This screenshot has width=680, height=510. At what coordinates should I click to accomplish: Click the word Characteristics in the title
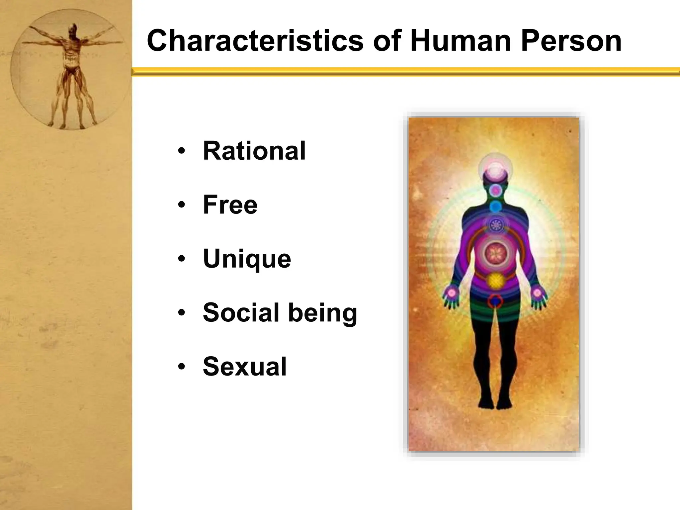tap(255, 41)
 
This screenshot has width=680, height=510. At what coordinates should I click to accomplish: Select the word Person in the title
tap(571, 41)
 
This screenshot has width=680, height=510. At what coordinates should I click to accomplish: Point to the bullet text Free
tap(230, 205)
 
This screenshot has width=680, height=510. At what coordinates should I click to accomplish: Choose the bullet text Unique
tap(247, 259)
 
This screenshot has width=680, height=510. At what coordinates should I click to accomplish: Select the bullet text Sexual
tap(245, 367)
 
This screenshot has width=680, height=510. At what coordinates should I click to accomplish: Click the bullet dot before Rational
tap(181, 151)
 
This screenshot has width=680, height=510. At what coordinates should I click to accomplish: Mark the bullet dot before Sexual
tap(181, 367)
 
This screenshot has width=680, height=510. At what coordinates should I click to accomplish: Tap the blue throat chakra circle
tap(495, 207)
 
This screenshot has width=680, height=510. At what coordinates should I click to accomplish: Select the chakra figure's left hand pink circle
tap(452, 293)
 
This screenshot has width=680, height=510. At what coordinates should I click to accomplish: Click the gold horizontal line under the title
tap(405, 71)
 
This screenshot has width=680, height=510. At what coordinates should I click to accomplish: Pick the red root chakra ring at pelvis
tap(495, 300)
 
